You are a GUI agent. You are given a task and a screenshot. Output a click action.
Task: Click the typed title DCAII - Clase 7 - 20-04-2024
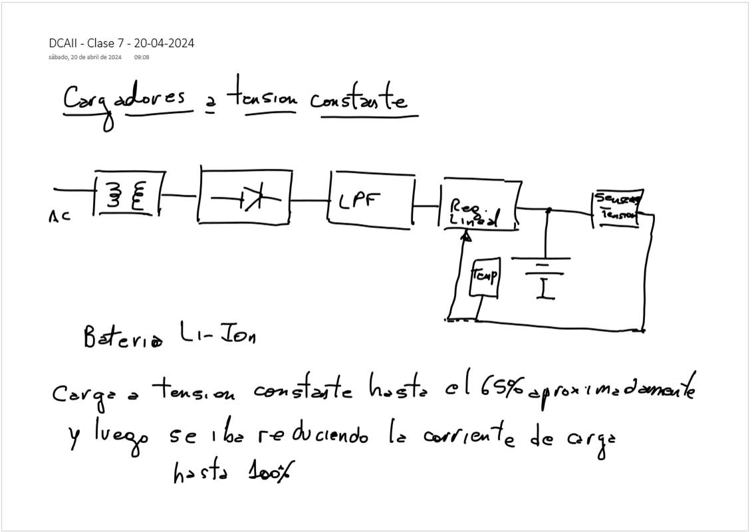coord(122,43)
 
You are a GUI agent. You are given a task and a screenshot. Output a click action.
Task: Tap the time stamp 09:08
coord(142,58)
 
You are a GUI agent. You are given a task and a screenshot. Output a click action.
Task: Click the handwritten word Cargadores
coord(124,100)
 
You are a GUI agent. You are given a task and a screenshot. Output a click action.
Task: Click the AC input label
coord(60,215)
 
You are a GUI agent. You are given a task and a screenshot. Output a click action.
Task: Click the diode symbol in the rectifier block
coord(249,198)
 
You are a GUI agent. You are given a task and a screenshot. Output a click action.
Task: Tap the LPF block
coord(370,198)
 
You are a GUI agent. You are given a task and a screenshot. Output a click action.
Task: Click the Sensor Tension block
coord(616,208)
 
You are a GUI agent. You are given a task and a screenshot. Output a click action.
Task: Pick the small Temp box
coord(485,276)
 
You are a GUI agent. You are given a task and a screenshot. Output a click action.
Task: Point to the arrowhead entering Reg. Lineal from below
coord(467,236)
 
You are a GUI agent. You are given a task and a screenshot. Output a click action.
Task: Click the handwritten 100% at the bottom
coord(270,473)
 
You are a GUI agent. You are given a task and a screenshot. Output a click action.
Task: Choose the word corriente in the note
coord(460,436)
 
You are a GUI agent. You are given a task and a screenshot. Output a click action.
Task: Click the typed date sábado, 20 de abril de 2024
coord(84,58)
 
